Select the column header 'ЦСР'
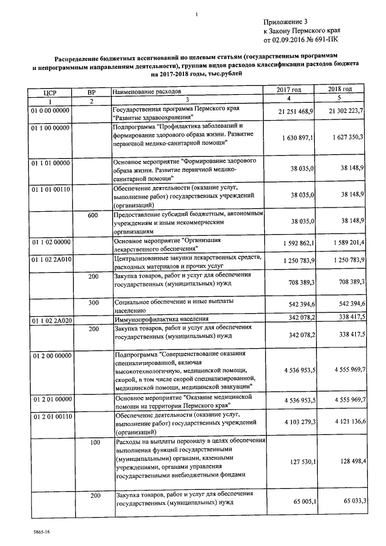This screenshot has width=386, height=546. [50, 92]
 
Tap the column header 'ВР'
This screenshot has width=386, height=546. [92, 92]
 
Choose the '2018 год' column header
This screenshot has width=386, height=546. [340, 89]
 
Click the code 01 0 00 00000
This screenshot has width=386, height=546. [50, 110]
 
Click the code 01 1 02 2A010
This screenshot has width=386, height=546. [51, 259]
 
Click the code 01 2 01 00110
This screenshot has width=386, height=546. [51, 416]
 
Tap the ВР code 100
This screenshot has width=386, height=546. [95, 443]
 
